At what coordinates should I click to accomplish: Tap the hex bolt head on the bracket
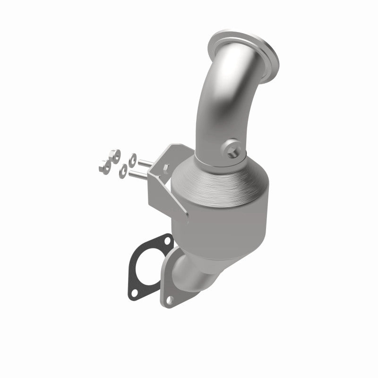(165, 167)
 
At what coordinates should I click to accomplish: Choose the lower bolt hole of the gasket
(134, 292)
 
